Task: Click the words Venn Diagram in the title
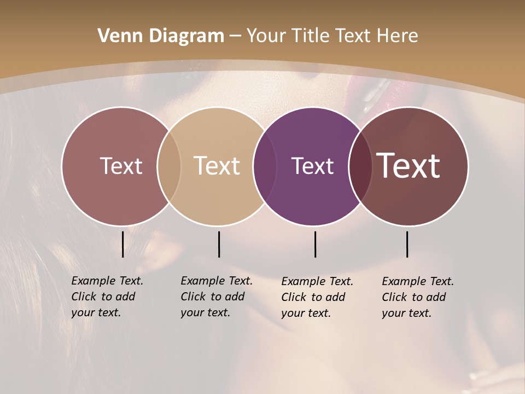pyautogui.click(x=161, y=36)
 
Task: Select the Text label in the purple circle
pyautogui.click(x=312, y=166)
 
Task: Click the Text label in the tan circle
pyautogui.click(x=217, y=166)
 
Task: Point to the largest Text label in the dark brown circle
pyautogui.click(x=409, y=166)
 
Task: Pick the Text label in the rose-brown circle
pyautogui.click(x=121, y=166)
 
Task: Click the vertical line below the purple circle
pyautogui.click(x=316, y=244)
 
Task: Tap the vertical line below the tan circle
pyautogui.click(x=219, y=244)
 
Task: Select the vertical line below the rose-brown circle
pyautogui.click(x=123, y=244)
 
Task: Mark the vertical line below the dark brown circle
pyautogui.click(x=407, y=244)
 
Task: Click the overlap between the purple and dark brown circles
pyautogui.click(x=358, y=166)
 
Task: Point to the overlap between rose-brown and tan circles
pyautogui.click(x=169, y=166)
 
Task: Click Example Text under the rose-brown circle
pyautogui.click(x=107, y=281)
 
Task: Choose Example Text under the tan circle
pyautogui.click(x=217, y=281)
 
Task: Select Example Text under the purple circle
pyautogui.click(x=317, y=281)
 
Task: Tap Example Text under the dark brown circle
pyautogui.click(x=418, y=281)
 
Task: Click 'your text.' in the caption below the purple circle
pyautogui.click(x=306, y=313)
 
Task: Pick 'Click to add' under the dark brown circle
pyautogui.click(x=413, y=297)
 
